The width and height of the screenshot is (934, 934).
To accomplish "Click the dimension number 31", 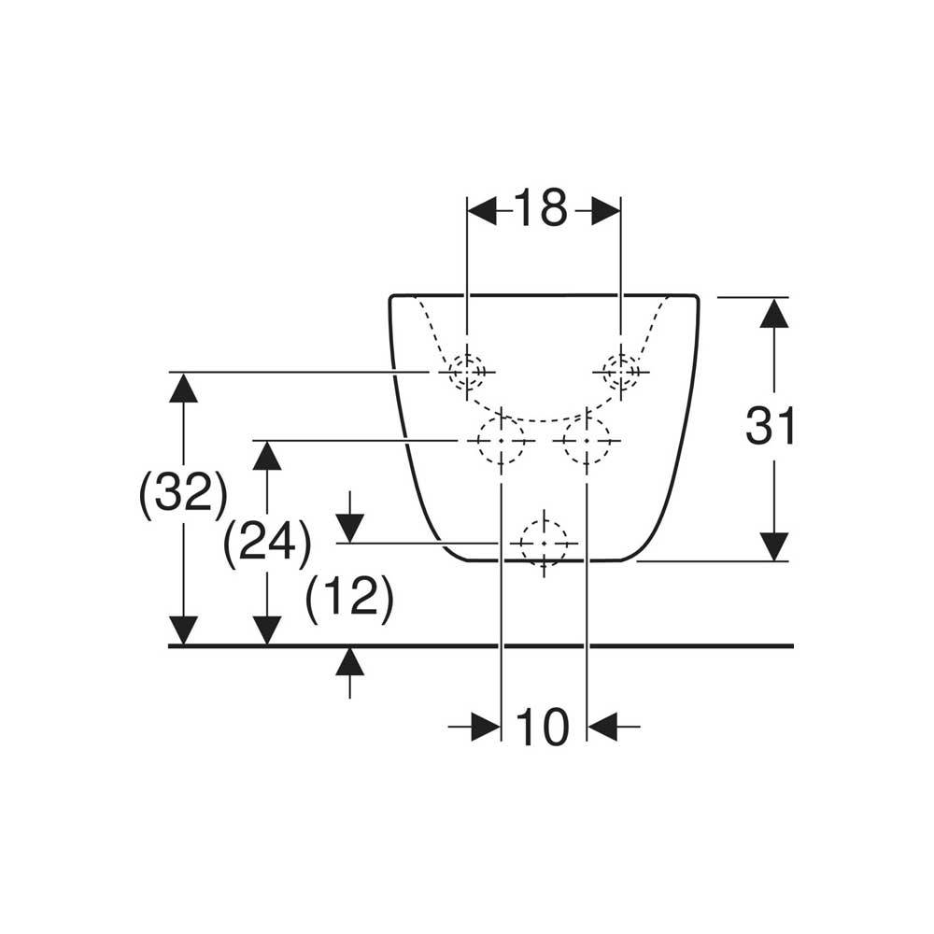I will click(x=771, y=428).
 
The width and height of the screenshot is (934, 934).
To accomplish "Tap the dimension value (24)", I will click(x=267, y=543).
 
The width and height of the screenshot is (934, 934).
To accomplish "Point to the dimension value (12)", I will click(x=349, y=597).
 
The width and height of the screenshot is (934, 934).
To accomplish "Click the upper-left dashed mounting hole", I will click(x=466, y=372).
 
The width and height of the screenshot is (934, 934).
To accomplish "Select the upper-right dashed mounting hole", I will click(x=620, y=372).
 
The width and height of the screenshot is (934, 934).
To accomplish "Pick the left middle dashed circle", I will click(x=501, y=439).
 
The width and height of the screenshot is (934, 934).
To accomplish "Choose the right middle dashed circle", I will click(x=586, y=439).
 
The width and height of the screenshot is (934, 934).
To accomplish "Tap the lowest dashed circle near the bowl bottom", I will click(x=544, y=543).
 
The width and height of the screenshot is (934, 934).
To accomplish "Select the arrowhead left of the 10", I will click(x=486, y=726).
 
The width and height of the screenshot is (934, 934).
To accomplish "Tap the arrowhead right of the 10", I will click(x=602, y=726).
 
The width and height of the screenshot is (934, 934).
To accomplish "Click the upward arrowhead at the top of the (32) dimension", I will click(x=184, y=388).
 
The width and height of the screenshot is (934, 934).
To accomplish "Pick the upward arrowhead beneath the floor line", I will click(x=349, y=662).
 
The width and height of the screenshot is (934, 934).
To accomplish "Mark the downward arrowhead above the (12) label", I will click(x=349, y=528).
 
